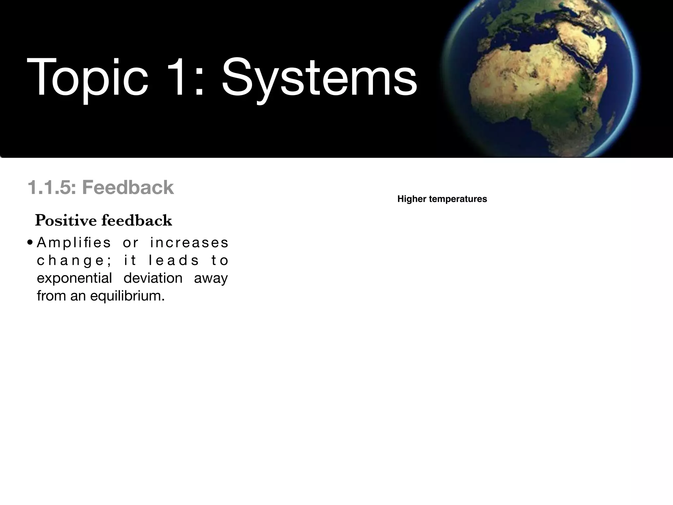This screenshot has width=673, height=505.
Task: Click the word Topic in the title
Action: coord(87,78)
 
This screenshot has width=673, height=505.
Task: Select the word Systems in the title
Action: coord(319,79)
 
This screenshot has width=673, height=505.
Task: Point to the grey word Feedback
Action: coord(128,188)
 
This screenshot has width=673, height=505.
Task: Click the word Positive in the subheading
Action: coord(66,220)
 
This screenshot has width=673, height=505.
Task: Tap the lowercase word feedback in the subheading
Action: coord(137,220)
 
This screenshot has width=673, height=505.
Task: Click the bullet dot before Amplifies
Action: coord(30,243)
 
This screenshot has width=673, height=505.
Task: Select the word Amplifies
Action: coord(74,243)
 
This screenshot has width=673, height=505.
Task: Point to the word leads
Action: coord(174,261)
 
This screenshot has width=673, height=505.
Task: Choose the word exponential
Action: coord(74,278)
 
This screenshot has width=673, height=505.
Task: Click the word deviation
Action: coord(153,278)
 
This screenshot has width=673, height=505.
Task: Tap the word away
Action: coord(211,278)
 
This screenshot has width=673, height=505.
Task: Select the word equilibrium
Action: coord(127,296)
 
